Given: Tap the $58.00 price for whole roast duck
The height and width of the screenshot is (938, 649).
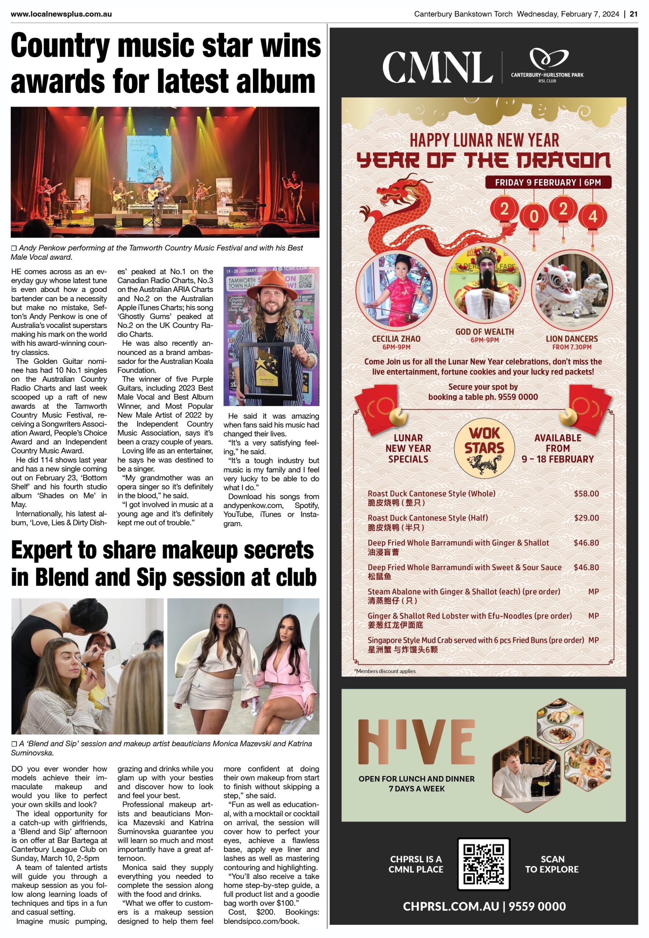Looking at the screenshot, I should click(x=586, y=494).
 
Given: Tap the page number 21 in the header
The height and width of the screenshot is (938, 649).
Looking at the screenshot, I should click(x=633, y=14).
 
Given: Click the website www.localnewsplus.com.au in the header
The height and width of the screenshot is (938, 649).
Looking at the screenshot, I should click(x=61, y=14).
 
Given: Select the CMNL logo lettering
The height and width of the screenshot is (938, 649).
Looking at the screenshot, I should click(x=437, y=67).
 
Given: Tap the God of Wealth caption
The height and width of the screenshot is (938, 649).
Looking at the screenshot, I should click(x=484, y=332).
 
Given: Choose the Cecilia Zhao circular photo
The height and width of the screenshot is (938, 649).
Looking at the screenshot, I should click(x=396, y=292).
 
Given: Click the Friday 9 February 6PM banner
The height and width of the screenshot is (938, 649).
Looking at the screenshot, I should click(x=548, y=182).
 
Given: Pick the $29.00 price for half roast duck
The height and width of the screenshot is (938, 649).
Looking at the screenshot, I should click(x=586, y=518).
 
